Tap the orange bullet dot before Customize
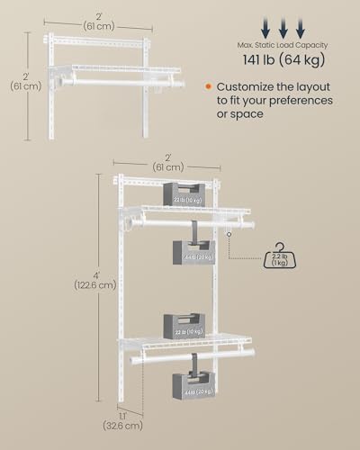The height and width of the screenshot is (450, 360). [x=208, y=86]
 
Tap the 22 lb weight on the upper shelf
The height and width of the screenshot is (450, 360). [x=184, y=194]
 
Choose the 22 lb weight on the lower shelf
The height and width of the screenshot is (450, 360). [x=184, y=324]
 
